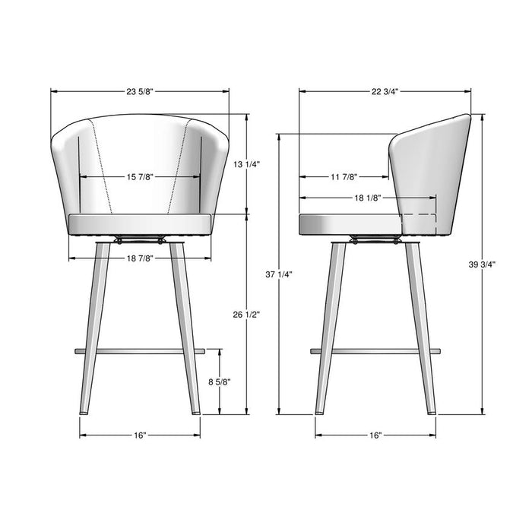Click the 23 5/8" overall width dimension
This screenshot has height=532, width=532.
pyautogui.click(x=140, y=92)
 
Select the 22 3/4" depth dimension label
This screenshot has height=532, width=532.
pyautogui.click(x=385, y=92)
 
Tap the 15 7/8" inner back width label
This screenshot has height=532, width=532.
pyautogui.click(x=140, y=177)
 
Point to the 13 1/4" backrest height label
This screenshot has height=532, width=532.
pyautogui.click(x=247, y=165)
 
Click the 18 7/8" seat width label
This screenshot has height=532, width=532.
pyautogui.click(x=140, y=258)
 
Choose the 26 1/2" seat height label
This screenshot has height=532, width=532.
pyautogui.click(x=247, y=315)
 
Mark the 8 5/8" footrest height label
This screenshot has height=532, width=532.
pyautogui.click(x=220, y=382)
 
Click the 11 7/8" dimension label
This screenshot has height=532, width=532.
pyautogui.click(x=344, y=177)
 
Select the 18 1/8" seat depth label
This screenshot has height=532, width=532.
pyautogui.click(x=369, y=198)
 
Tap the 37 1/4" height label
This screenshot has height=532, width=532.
pyautogui.click(x=279, y=274)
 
